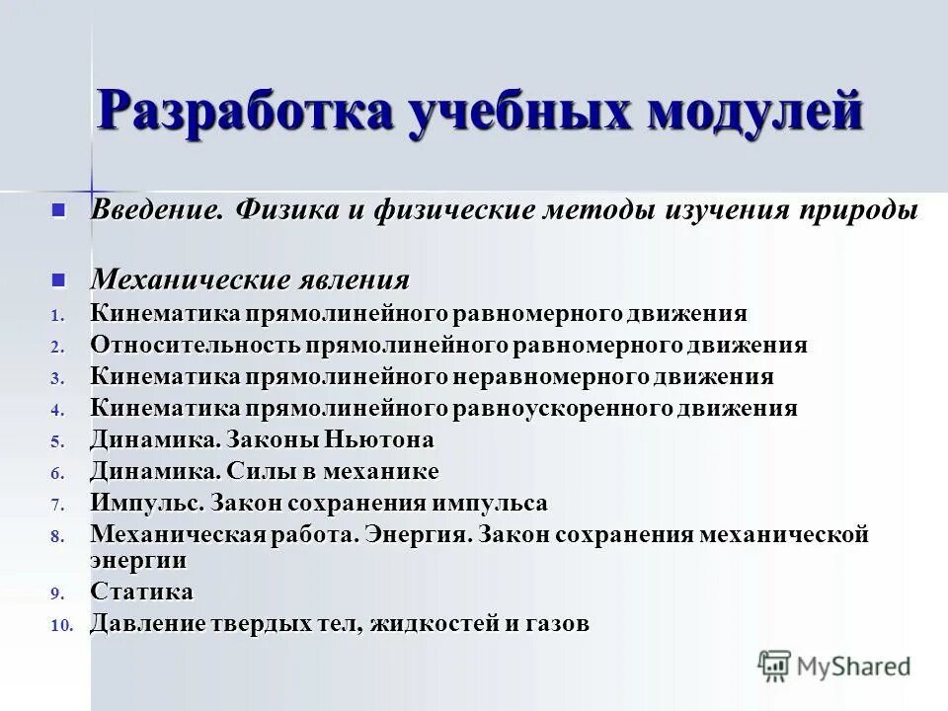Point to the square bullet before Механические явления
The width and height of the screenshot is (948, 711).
coord(58,280)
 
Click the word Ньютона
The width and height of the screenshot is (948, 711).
coord(379,439)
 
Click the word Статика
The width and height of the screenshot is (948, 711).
coord(141,592)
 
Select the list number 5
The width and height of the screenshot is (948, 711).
coord(57,441)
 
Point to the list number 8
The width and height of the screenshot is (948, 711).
coord(57,536)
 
